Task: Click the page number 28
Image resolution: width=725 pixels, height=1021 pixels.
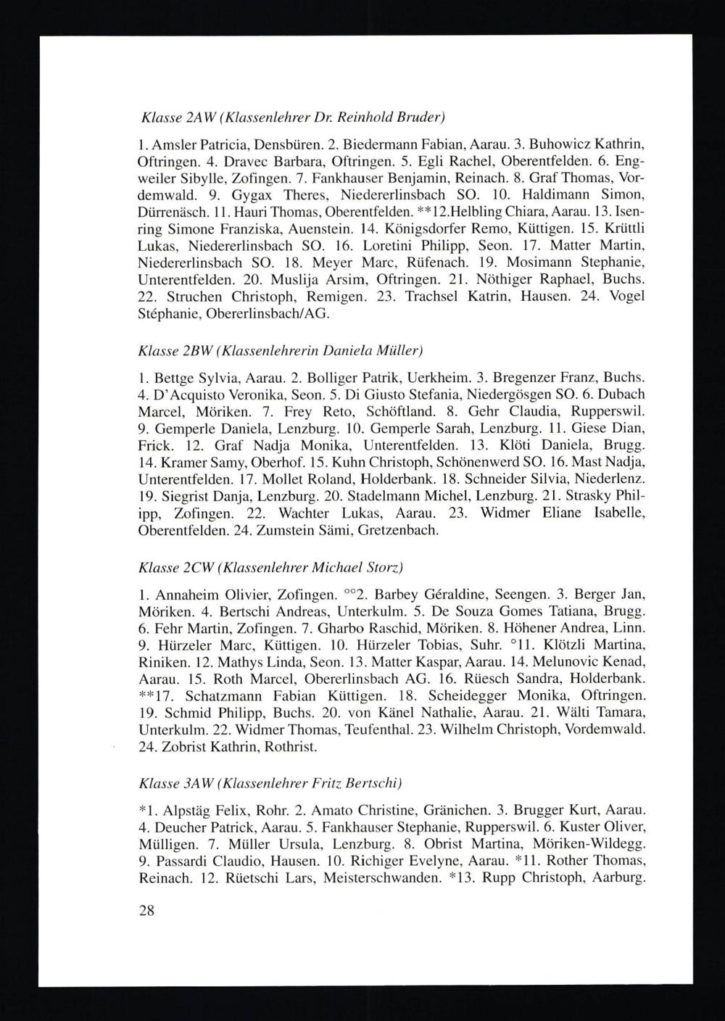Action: (146, 911)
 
